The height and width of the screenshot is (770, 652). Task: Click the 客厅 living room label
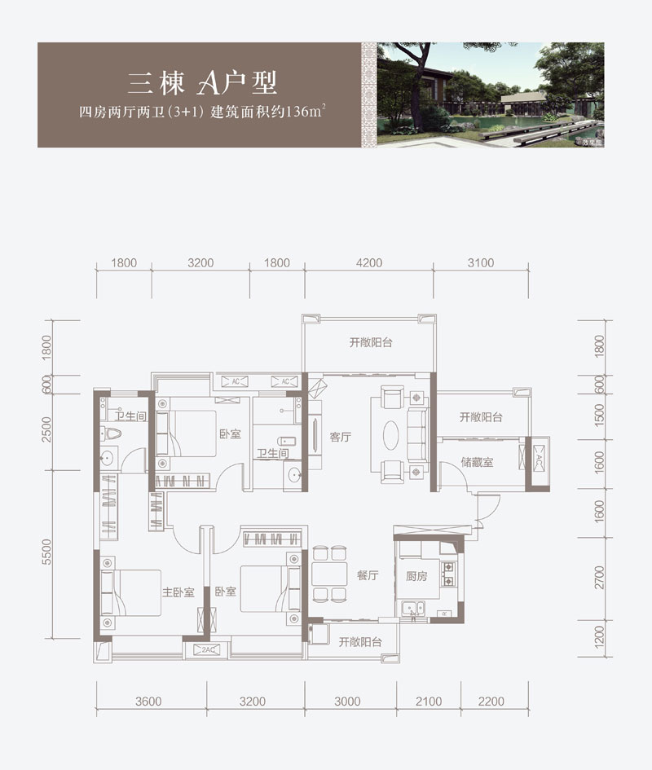[x=340, y=437]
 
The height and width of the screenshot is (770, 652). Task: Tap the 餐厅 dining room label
[x=368, y=575]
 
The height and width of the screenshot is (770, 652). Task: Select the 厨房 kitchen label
[x=416, y=576]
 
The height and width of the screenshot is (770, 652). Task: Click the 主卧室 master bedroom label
[x=177, y=592]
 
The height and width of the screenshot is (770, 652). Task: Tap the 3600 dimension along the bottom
[x=149, y=701]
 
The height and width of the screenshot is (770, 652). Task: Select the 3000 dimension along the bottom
[x=347, y=701]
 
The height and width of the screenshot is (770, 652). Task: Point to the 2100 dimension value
[x=428, y=701]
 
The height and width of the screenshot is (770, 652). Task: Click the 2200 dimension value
[x=491, y=701]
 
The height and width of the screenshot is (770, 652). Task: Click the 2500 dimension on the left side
[x=47, y=429]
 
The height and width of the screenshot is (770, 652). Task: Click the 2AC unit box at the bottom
[x=207, y=649]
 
